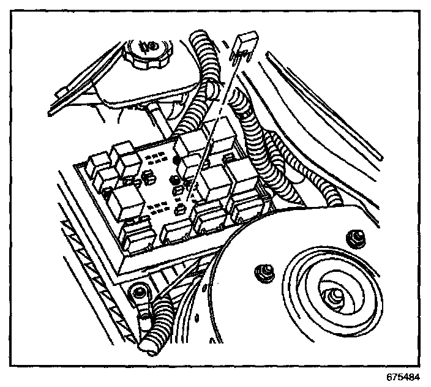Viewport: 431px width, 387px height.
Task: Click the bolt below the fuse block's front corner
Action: coord(140,293)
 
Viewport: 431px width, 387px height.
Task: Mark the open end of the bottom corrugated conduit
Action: coord(148,347)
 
